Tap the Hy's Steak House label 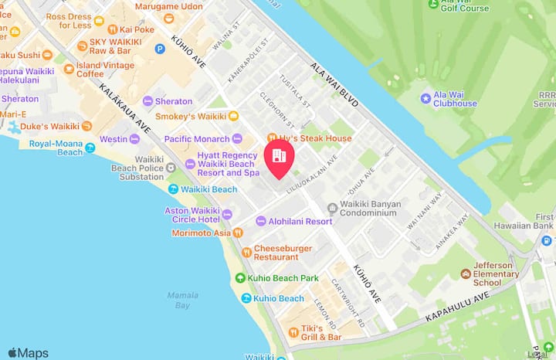[315, 138]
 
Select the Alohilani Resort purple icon [260, 221]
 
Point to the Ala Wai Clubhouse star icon [425, 99]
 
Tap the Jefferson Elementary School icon [466, 273]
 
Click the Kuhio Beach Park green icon [241, 278]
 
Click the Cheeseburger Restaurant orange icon [246, 252]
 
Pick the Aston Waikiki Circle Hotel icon [227, 214]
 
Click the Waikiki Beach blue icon [174, 189]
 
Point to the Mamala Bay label [182, 300]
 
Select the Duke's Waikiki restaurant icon [87, 126]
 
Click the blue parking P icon [161, 49]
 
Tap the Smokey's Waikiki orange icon [234, 117]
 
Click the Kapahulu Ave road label [458, 306]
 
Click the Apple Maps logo [28, 353]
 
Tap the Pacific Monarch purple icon [237, 139]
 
